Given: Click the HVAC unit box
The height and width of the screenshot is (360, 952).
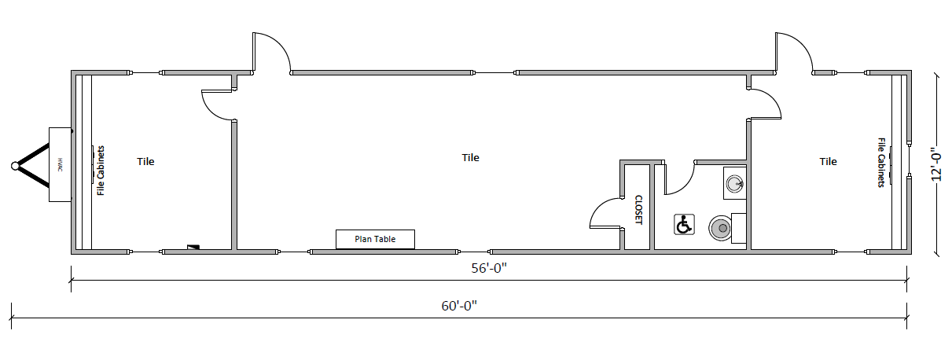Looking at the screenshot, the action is [60, 164].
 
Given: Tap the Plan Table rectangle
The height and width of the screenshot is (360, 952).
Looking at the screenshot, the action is [375, 239].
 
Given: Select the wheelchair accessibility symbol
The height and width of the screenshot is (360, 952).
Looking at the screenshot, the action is [684, 225].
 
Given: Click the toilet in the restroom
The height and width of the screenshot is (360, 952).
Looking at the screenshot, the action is [727, 228].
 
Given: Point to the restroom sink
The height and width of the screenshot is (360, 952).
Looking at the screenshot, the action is [735, 184].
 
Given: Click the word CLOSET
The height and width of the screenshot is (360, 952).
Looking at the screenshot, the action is [638, 210].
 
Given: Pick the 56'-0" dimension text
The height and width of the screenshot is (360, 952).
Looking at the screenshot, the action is [489, 268].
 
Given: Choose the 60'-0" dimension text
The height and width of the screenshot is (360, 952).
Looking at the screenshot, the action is [459, 306].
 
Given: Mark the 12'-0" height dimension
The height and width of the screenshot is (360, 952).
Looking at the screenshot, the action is [936, 164].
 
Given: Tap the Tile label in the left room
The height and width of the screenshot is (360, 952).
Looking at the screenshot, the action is [145, 161].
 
